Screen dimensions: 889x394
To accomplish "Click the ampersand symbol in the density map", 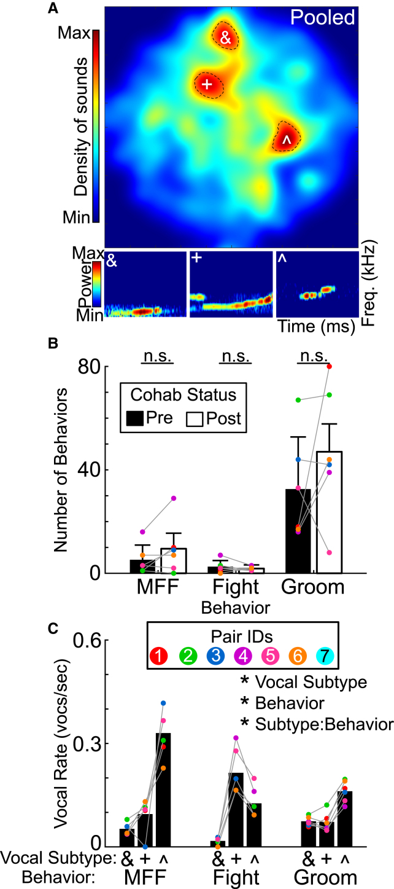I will pyautogui.click(x=225, y=38).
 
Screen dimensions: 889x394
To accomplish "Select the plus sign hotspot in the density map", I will pyautogui.click(x=207, y=85).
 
